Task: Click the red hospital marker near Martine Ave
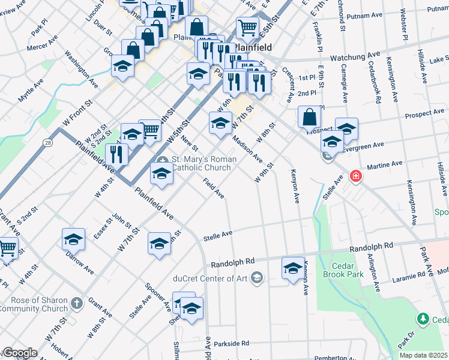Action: (356, 176)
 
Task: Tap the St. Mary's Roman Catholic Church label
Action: (201, 163)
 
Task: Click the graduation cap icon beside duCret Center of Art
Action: (257, 277)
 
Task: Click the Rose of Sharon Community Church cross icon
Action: (76, 304)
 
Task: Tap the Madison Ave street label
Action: (247, 148)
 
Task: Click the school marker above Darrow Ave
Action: (73, 240)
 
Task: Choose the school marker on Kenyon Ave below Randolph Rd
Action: (293, 268)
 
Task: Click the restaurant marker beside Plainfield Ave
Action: (116, 155)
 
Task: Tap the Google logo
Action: (19, 353)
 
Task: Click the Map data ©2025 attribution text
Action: (423, 355)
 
